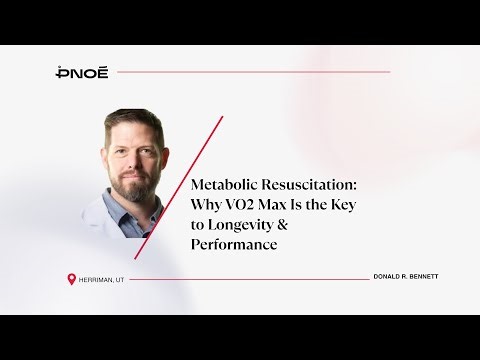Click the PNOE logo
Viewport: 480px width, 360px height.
[x=83, y=72]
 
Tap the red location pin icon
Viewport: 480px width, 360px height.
[x=71, y=279]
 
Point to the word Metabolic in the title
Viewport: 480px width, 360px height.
[x=223, y=186]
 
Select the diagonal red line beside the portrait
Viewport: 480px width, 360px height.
[x=180, y=185]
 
